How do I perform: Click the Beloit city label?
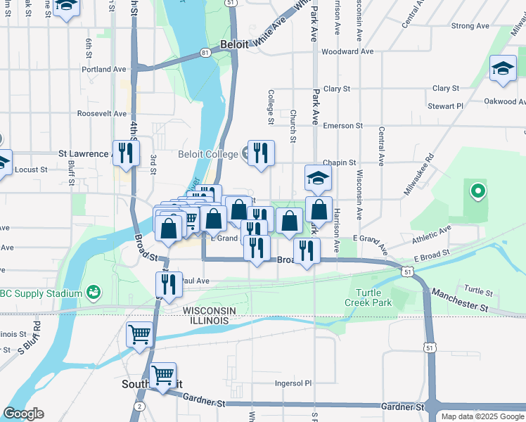click(x=234, y=44)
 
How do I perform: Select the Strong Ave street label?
click(x=470, y=26)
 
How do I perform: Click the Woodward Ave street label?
click(x=347, y=51)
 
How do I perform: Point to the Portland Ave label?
click(x=103, y=70)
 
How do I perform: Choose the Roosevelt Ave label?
click(x=101, y=113)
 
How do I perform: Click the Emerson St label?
click(x=342, y=126)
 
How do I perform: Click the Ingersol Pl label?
click(x=293, y=384)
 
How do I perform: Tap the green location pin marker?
click(x=477, y=190)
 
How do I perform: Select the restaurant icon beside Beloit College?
click(x=261, y=153)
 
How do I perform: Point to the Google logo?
click(x=24, y=414)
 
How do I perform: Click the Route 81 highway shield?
click(x=204, y=53)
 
